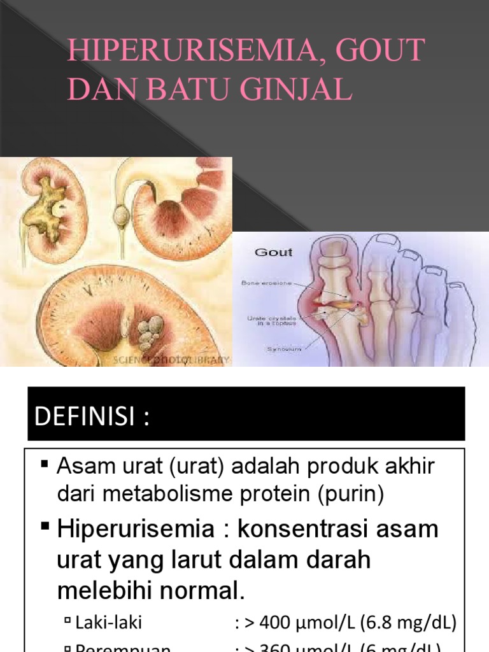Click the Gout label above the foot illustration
tap(273, 252)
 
